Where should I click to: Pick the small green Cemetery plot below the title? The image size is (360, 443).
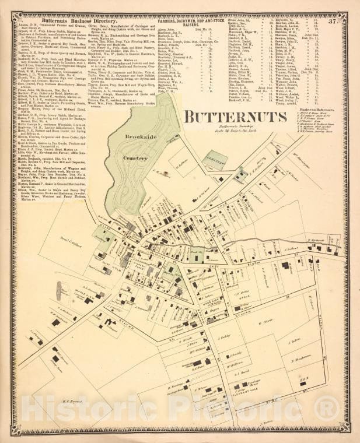[x=217, y=157]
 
